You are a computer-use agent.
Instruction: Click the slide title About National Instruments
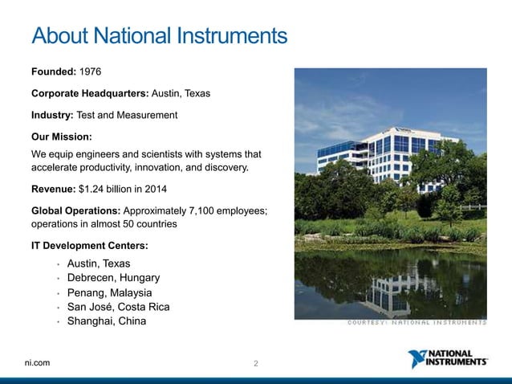click(x=158, y=37)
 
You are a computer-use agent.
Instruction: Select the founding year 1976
click(x=87, y=72)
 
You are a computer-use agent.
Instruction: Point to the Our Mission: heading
click(x=62, y=137)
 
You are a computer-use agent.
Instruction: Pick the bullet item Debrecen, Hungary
click(x=113, y=278)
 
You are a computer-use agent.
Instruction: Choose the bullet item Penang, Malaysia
click(x=109, y=292)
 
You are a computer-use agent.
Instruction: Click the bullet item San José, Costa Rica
click(x=118, y=307)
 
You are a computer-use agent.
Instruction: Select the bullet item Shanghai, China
click(x=107, y=321)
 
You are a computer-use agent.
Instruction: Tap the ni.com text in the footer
click(x=37, y=363)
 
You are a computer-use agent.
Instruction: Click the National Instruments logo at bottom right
click(x=447, y=358)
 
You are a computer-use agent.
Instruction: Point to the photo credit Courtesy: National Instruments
click(x=417, y=323)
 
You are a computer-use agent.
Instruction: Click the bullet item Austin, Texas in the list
click(x=99, y=263)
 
